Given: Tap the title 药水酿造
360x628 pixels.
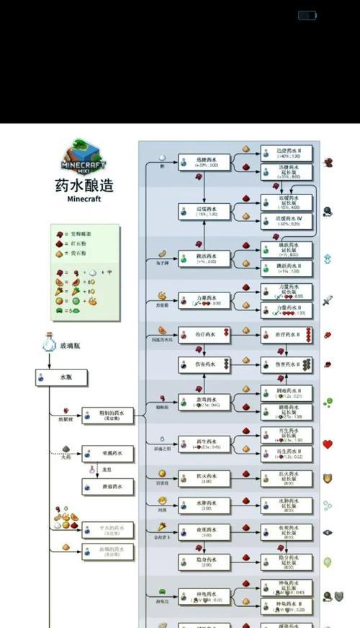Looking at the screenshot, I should [84, 185].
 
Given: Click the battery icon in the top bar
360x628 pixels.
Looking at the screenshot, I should [307, 15].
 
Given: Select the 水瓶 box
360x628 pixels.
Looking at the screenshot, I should [61, 376].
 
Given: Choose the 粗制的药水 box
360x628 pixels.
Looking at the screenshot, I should [107, 416].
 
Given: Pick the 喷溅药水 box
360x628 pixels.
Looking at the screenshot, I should [107, 453].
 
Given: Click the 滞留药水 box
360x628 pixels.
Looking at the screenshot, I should [107, 488].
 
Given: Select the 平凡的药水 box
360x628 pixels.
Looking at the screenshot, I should [107, 529].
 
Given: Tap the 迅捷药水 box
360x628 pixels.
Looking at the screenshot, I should [204, 163].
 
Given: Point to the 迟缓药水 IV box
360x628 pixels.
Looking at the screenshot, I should [287, 221].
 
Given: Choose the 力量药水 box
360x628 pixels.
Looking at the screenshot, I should [204, 301].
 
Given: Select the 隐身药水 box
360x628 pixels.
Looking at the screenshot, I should [204, 562].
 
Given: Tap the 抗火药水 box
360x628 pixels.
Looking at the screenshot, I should [204, 477].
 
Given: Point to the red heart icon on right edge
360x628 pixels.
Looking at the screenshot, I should [328, 444].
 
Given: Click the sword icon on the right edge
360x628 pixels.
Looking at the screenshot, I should [328, 300].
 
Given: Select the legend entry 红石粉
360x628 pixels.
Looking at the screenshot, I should [75, 244].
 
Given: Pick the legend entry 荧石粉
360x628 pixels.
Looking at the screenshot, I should [75, 254].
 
